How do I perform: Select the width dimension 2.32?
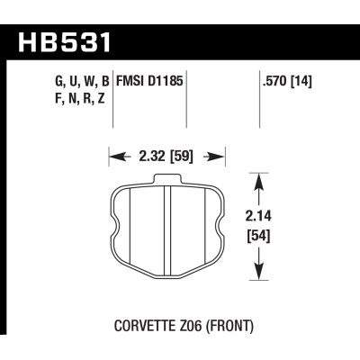[146, 157]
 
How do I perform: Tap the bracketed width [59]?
[184, 157]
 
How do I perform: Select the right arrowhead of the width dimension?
[217, 157]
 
